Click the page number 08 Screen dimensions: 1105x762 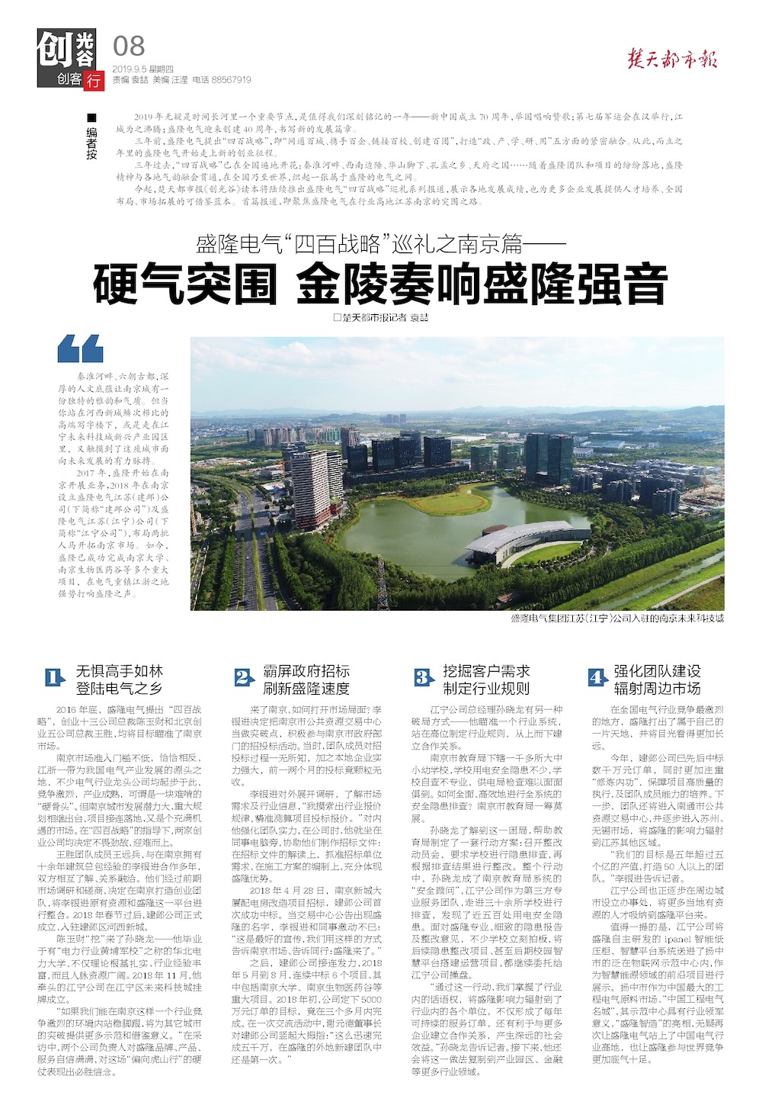(x=128, y=47)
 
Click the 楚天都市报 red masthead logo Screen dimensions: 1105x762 (x=671, y=59)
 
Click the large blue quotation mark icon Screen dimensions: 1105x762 (x=80, y=349)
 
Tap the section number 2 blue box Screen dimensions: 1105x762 (x=242, y=677)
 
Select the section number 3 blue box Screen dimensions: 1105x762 (x=423, y=677)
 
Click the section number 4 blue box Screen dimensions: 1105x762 (x=597, y=677)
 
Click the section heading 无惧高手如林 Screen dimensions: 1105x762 (x=119, y=670)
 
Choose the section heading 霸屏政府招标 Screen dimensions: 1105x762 (x=306, y=670)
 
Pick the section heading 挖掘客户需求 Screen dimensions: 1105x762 (x=486, y=670)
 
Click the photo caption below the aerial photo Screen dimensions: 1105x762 (x=616, y=618)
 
